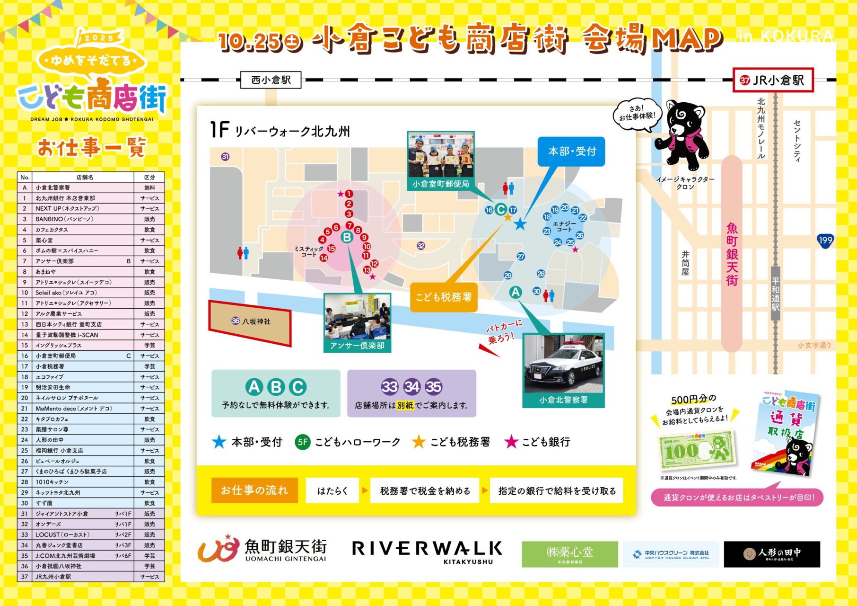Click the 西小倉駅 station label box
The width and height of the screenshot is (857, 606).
(271, 80)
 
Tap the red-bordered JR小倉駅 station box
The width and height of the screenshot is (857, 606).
(773, 80)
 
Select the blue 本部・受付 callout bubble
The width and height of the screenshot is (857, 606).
(571, 151)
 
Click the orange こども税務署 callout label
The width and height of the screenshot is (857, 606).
(444, 297)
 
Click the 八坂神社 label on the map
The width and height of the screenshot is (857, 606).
(250, 321)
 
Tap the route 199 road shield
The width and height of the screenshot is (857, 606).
(825, 241)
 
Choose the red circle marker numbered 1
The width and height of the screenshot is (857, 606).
(349, 194)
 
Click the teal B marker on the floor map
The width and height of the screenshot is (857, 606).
(347, 237)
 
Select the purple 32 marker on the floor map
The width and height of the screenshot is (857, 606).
(421, 245)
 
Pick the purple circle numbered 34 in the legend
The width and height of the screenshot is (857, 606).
(411, 387)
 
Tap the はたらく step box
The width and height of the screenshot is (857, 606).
(332, 491)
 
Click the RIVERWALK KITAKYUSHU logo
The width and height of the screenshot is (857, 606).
(427, 552)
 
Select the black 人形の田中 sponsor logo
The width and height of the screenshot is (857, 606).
(772, 554)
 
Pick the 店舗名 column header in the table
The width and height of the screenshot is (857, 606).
(85, 177)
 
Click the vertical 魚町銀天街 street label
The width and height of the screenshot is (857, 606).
(732, 254)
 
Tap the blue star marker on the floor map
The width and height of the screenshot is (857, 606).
(520, 224)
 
